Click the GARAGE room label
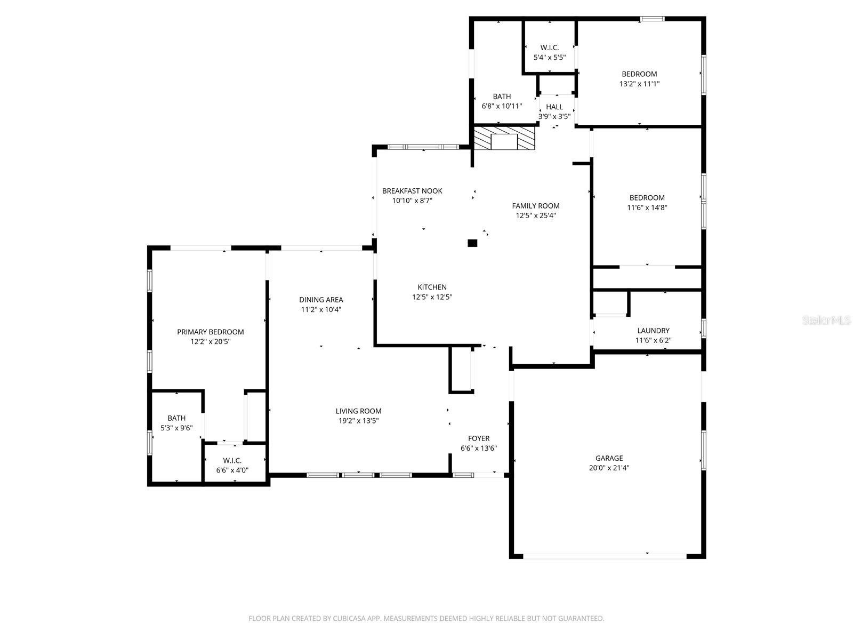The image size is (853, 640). pos(609,458)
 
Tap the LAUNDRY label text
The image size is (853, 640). pos(653,331)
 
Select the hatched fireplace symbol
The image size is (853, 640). pos(504,139)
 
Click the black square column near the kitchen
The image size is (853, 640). pos(472,243)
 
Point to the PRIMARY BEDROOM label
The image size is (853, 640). pos(210,332)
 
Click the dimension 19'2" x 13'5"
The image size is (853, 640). pos(358,421)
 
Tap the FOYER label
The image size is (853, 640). pos(479,438)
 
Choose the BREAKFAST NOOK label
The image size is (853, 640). pos(412,191)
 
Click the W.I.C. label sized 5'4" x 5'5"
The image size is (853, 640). pos(549,47)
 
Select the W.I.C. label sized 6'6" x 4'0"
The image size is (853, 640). pos(232,460)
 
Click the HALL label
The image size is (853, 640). pos(554,107)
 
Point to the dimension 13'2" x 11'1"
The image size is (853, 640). pos(639,84)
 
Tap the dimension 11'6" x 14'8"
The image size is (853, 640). pos(647,207)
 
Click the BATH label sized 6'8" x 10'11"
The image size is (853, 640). pos(502,97)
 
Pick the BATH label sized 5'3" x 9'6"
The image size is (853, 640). pos(176,418)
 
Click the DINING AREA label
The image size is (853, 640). pos(321,300)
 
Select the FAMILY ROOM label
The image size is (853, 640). pos(536,206)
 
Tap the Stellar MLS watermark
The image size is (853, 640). pos(826,320)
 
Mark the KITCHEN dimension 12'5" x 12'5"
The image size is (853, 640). pos(432,297)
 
